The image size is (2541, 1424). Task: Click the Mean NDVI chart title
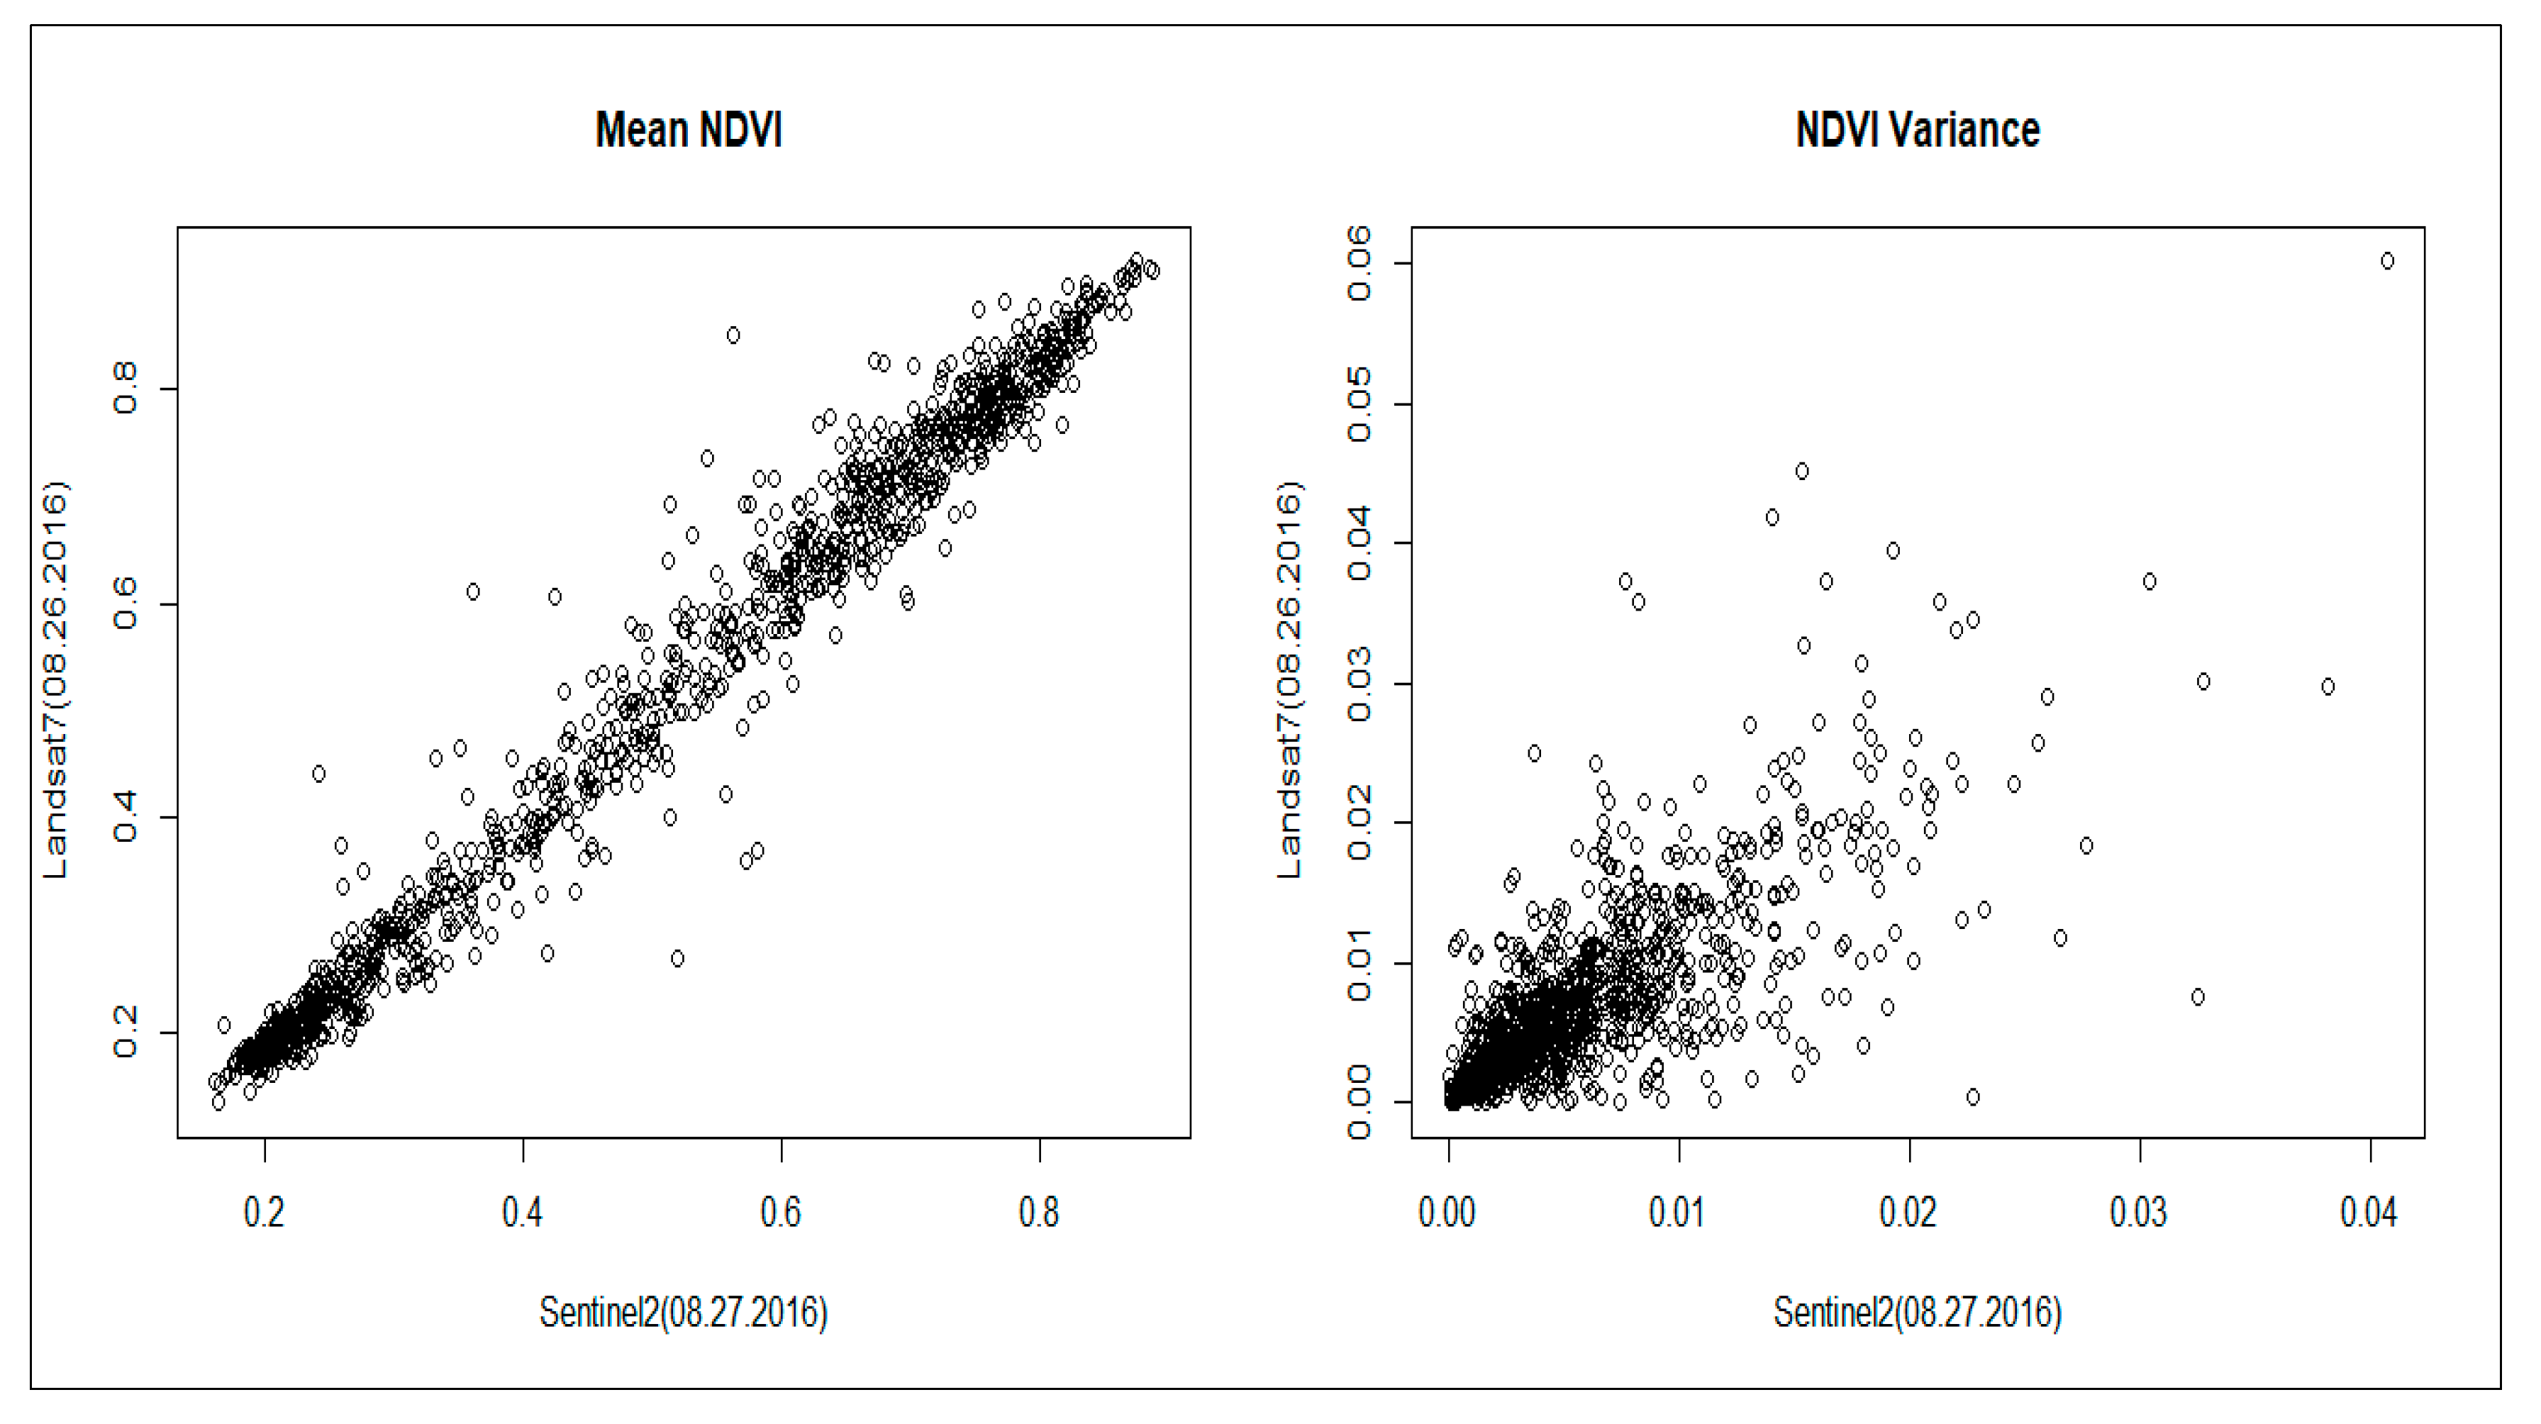pos(689,130)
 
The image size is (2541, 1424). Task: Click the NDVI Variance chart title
pos(1917,130)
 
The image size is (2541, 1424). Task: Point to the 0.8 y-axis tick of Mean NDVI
pos(126,389)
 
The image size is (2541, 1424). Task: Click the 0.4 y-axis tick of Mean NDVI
pos(126,818)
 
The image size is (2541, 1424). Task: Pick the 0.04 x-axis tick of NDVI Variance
pos(2369,1211)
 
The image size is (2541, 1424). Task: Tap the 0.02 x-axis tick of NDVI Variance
pos(1908,1211)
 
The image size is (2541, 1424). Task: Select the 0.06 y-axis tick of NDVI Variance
pos(1360,263)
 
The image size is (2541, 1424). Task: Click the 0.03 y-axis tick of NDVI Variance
pos(1360,684)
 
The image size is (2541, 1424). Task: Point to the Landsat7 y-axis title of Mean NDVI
pos(55,681)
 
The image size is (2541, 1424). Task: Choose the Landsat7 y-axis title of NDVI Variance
pos(1289,681)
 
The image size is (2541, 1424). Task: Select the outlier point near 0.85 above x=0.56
pos(733,335)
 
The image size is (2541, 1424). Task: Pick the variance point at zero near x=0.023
pos(1973,1096)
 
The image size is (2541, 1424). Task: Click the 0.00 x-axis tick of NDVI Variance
pos(1447,1211)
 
